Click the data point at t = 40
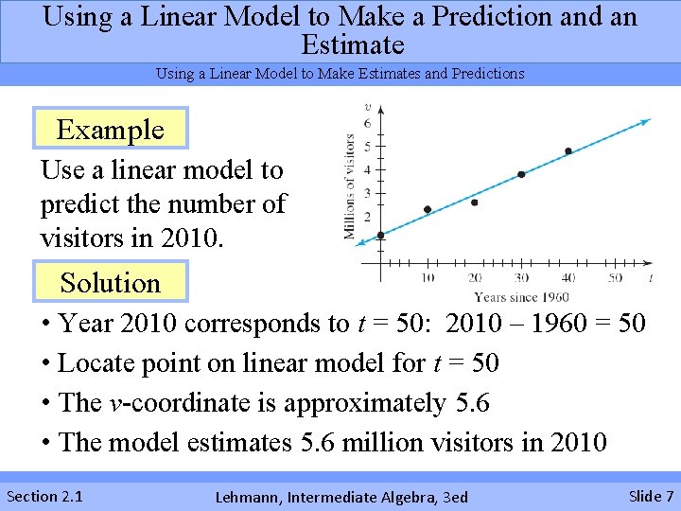click(x=567, y=150)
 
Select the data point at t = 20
click(x=474, y=203)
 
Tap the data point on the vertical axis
click(x=380, y=235)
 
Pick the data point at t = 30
click(x=521, y=174)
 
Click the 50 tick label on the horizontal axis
click(x=615, y=277)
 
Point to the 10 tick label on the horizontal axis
click(x=428, y=277)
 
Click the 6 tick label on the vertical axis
click(x=368, y=123)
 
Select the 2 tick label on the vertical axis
click(x=368, y=217)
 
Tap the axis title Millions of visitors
click(x=350, y=186)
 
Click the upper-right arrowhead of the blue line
click(x=647, y=120)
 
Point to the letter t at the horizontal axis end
click(x=651, y=277)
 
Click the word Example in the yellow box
click(x=110, y=130)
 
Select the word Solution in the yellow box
click(x=110, y=282)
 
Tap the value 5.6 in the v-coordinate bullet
click(x=472, y=403)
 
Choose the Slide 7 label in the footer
click(x=651, y=496)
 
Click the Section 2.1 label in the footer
click(x=44, y=496)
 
